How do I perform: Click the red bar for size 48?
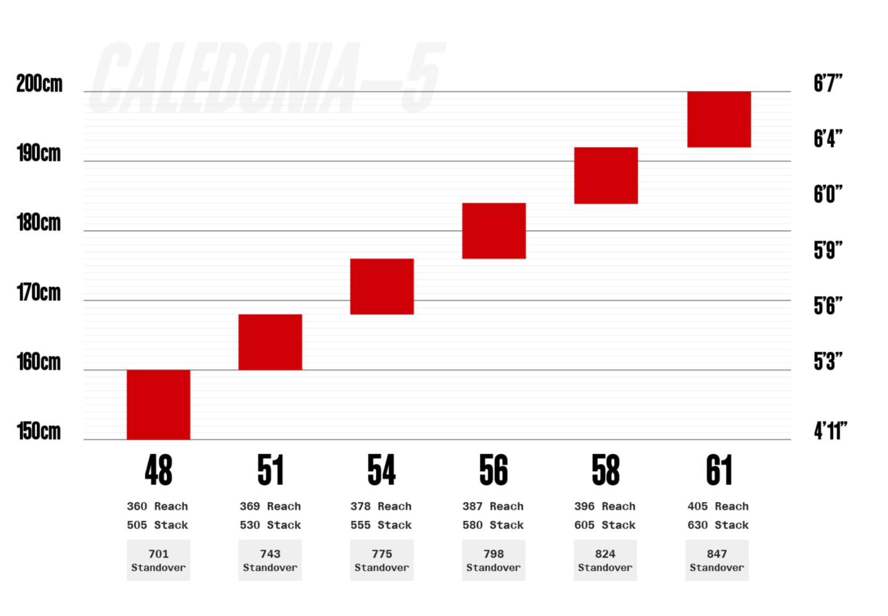tap(158, 404)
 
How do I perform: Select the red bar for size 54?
tap(382, 286)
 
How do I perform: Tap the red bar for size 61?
tap(719, 119)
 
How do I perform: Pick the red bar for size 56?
tap(494, 231)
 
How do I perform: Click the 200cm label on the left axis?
tap(39, 84)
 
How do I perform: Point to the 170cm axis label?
tap(39, 293)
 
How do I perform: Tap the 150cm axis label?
tap(39, 431)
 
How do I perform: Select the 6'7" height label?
tap(828, 84)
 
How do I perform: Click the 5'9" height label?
tap(828, 251)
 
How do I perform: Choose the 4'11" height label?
tap(830, 431)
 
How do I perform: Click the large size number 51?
tap(270, 470)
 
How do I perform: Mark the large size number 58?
tap(605, 470)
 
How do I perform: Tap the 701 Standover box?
tap(158, 560)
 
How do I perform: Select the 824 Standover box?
tap(605, 560)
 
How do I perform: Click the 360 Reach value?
tap(158, 506)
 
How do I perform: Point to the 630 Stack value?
tap(718, 525)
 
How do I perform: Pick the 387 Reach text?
tap(493, 506)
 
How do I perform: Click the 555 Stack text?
tap(381, 525)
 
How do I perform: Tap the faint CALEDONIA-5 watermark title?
tap(266, 78)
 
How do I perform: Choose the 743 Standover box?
tap(270, 560)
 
